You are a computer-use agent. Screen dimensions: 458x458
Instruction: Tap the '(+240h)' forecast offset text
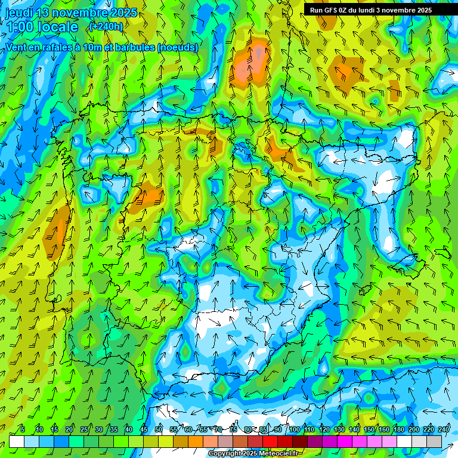(106, 26)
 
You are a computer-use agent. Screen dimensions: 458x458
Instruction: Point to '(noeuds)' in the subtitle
(178, 47)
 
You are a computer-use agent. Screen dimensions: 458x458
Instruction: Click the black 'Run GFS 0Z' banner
(380, 10)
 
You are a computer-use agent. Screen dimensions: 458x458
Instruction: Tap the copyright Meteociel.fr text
(253, 454)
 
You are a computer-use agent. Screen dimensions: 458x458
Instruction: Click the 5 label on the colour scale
(23, 429)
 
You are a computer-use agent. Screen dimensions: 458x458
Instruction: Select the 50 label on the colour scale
(159, 429)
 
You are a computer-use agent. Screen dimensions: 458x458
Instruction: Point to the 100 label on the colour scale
(295, 429)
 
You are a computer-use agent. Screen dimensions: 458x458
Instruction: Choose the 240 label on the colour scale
(444, 429)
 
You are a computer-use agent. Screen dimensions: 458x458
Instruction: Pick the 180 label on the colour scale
(398, 429)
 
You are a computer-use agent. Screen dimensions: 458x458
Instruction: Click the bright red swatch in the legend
(270, 441)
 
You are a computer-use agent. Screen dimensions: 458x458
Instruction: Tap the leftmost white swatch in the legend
(17, 441)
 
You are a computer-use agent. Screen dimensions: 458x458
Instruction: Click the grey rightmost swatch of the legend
(434, 441)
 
